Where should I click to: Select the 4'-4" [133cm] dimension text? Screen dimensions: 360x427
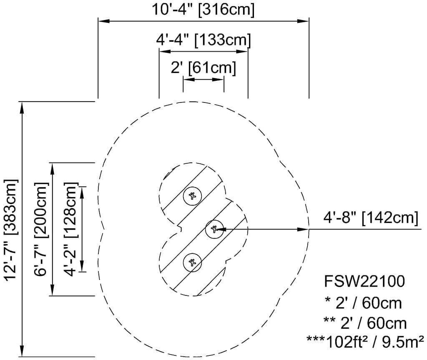[x=203, y=40]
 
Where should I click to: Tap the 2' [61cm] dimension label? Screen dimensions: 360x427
[x=203, y=67]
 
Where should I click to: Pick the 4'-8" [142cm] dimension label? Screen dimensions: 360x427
[x=371, y=217]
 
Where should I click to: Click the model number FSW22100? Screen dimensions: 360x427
[x=364, y=282]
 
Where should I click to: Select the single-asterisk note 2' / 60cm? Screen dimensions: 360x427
[x=362, y=303]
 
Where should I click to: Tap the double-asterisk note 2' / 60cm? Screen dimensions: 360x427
[x=364, y=323]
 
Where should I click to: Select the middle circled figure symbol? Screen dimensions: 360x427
[x=215, y=229]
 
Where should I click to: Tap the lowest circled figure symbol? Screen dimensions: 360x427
[x=192, y=262]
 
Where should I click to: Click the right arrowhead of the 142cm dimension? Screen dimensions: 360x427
[x=304, y=229]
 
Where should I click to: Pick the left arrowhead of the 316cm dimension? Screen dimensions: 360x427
[x=103, y=21]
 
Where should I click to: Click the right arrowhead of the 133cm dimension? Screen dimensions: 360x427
[x=244, y=52]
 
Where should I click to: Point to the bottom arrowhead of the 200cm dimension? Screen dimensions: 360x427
[x=53, y=291]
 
